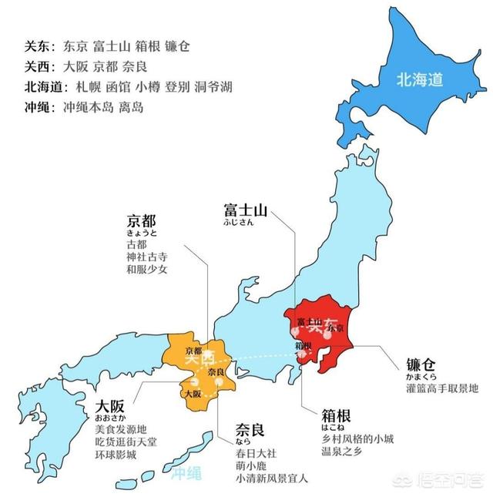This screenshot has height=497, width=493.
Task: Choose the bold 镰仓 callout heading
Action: [x=423, y=364]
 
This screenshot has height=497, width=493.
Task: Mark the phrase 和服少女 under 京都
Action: [x=147, y=270]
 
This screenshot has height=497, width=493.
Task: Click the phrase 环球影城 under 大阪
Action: [x=116, y=455]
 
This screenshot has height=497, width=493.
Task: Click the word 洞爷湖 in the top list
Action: [x=218, y=86]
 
